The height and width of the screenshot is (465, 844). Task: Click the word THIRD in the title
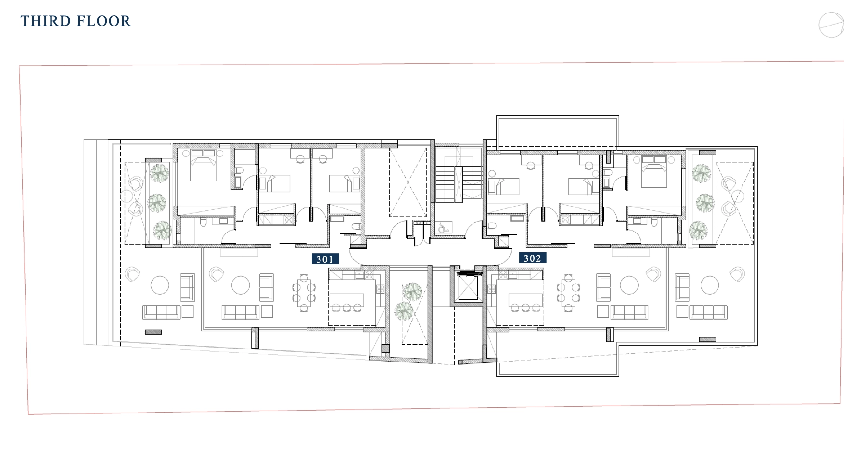point(45,21)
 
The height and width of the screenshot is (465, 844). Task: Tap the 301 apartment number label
point(325,259)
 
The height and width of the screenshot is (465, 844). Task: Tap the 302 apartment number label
point(532,258)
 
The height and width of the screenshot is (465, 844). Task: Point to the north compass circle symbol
point(831,25)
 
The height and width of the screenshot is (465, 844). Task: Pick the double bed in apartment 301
point(203,165)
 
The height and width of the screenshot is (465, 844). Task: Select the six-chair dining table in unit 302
point(569,293)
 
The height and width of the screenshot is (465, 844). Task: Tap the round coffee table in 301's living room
point(241,285)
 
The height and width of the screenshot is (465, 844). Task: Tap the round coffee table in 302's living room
point(629,285)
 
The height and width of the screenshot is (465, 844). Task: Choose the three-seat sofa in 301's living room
point(240,312)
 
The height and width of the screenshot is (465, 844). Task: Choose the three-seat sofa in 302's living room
point(629,312)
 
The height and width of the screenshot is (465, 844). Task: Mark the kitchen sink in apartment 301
point(359,275)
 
